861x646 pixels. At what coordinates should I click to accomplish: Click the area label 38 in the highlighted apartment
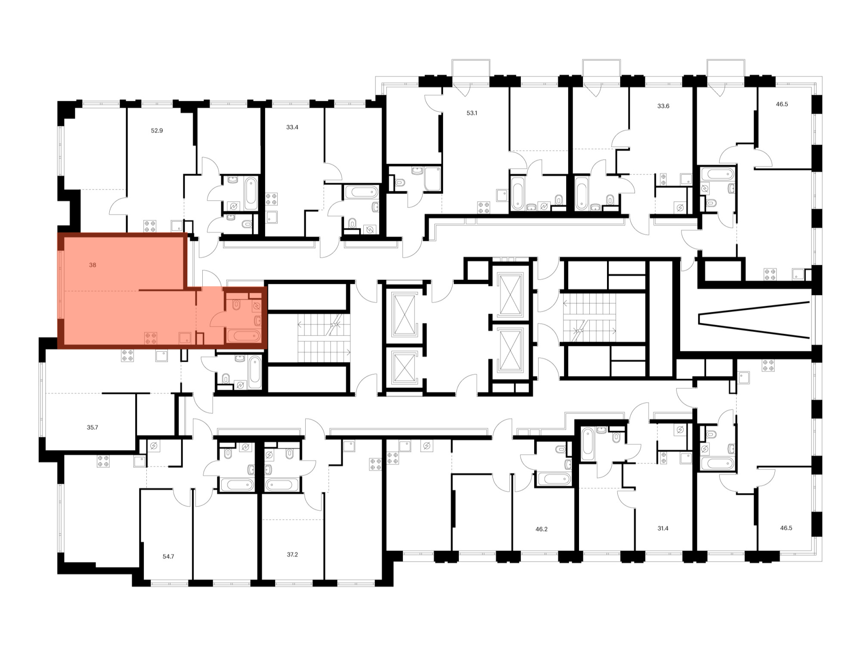pos(93,265)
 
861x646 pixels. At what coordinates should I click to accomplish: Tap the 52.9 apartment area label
pos(157,130)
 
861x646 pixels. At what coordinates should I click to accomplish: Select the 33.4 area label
pos(292,127)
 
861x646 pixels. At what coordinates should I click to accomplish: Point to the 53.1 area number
pos(472,113)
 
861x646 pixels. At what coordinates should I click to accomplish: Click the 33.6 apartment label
pos(663,106)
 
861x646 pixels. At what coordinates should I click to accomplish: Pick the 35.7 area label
pos(93,428)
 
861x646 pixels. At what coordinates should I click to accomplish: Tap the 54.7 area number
pos(168,556)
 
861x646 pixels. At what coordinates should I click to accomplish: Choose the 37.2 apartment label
pos(292,555)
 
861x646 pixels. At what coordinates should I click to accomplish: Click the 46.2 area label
pos(542,529)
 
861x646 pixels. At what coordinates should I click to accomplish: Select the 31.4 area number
pos(663,528)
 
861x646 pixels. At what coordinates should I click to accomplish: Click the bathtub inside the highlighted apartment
pos(244,335)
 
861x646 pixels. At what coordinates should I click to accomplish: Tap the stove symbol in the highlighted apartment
pos(151,338)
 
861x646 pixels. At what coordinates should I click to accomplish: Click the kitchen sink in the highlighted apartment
pos(185,338)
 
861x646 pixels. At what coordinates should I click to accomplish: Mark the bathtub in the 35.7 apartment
pos(255,371)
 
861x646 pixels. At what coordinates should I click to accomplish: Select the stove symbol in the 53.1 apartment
pos(484,208)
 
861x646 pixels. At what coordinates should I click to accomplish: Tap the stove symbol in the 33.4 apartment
pos(272,199)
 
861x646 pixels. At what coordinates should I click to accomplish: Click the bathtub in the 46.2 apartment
pos(554,479)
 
